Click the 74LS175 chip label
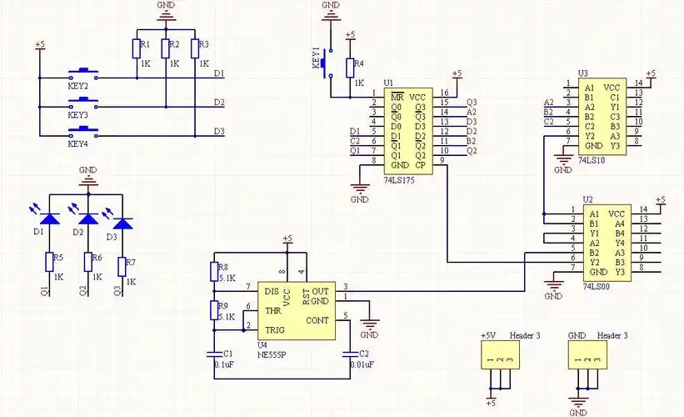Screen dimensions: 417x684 [x=401, y=179]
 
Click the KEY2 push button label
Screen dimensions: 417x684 [x=78, y=84]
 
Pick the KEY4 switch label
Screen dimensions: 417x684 [x=78, y=143]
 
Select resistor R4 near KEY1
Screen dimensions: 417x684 [x=359, y=63]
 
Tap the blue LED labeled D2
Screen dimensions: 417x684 [x=85, y=221]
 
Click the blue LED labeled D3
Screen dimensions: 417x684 [x=122, y=224]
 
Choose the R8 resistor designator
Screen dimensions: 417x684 [x=222, y=266]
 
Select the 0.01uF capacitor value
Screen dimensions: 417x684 [x=362, y=364]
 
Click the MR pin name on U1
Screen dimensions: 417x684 [x=397, y=95]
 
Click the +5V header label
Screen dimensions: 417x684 [x=488, y=335]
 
